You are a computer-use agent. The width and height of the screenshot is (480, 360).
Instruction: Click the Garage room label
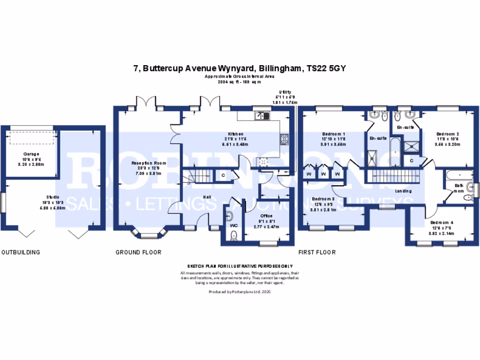click(x=31, y=154)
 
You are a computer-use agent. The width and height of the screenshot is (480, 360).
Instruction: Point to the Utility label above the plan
click(x=285, y=92)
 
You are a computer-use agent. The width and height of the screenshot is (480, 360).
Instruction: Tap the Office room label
click(x=267, y=216)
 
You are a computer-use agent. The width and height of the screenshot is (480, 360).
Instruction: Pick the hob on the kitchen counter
click(x=284, y=138)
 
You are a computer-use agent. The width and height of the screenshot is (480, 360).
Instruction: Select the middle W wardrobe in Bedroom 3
click(x=323, y=174)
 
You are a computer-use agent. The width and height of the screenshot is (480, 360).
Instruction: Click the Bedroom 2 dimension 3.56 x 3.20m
click(x=447, y=144)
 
